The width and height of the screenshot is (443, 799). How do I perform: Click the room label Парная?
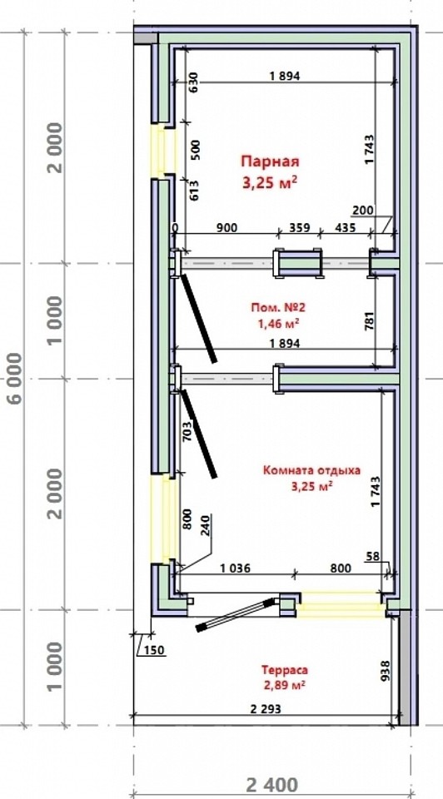pyautogui.click(x=270, y=161)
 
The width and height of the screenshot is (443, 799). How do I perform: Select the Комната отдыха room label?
pyautogui.click(x=311, y=470)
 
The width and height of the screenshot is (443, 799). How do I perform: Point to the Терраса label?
pyautogui.click(x=285, y=670)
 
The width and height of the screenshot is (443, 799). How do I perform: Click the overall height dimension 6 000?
pyautogui.click(x=16, y=378)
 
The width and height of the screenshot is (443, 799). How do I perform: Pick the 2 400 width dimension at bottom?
pyautogui.click(x=272, y=785)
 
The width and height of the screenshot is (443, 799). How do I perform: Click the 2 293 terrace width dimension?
pyautogui.click(x=265, y=709)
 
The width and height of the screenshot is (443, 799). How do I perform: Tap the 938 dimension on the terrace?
pyautogui.click(x=386, y=671)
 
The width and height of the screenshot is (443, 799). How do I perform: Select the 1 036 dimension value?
pyautogui.click(x=235, y=568)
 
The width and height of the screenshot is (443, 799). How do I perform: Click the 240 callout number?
pyautogui.click(x=206, y=525)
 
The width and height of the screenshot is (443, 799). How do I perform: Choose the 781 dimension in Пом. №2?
pyautogui.click(x=371, y=321)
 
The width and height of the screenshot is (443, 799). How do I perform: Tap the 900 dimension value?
pyautogui.click(x=226, y=227)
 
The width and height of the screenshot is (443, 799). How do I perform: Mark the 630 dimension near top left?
pyautogui.click(x=194, y=82)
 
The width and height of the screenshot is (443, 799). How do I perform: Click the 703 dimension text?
pyautogui.click(x=187, y=431)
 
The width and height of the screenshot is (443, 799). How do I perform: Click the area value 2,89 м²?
pyautogui.click(x=285, y=684)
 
